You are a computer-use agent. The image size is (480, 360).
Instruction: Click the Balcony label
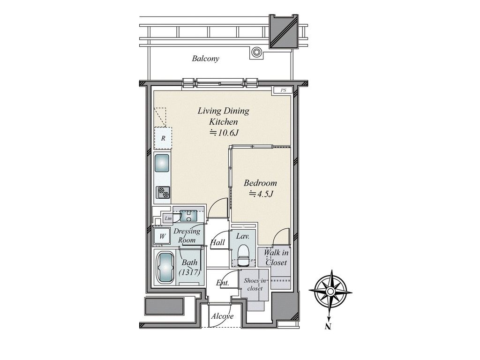[205, 59]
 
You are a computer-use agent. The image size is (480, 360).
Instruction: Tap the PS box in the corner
[283, 90]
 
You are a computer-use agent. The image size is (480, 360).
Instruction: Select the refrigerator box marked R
[163, 138]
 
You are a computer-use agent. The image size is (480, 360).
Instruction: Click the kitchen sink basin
[162, 163]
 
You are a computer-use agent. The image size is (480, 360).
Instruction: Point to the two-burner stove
[163, 193]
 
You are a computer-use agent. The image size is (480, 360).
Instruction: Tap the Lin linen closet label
[168, 218]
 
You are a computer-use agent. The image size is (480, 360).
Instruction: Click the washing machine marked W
[162, 236]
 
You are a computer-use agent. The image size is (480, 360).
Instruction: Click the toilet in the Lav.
[244, 255]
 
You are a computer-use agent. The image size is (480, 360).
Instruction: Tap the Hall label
[217, 242]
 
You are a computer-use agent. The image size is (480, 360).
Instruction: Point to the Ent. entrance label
[223, 283]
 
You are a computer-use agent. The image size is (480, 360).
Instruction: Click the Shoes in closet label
[255, 285]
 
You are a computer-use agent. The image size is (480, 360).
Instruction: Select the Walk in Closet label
[276, 257]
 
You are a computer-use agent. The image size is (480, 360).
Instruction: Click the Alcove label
[222, 316]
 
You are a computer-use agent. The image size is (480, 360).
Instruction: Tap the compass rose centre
[330, 291]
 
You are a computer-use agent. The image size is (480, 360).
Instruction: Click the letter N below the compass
[328, 327]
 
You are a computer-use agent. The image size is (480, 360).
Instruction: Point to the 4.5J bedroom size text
[261, 194]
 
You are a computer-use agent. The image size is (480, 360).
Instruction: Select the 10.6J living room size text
[224, 133]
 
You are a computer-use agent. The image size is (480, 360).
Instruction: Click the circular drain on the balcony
[256, 52]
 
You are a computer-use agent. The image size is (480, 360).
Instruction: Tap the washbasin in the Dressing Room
[188, 216]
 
